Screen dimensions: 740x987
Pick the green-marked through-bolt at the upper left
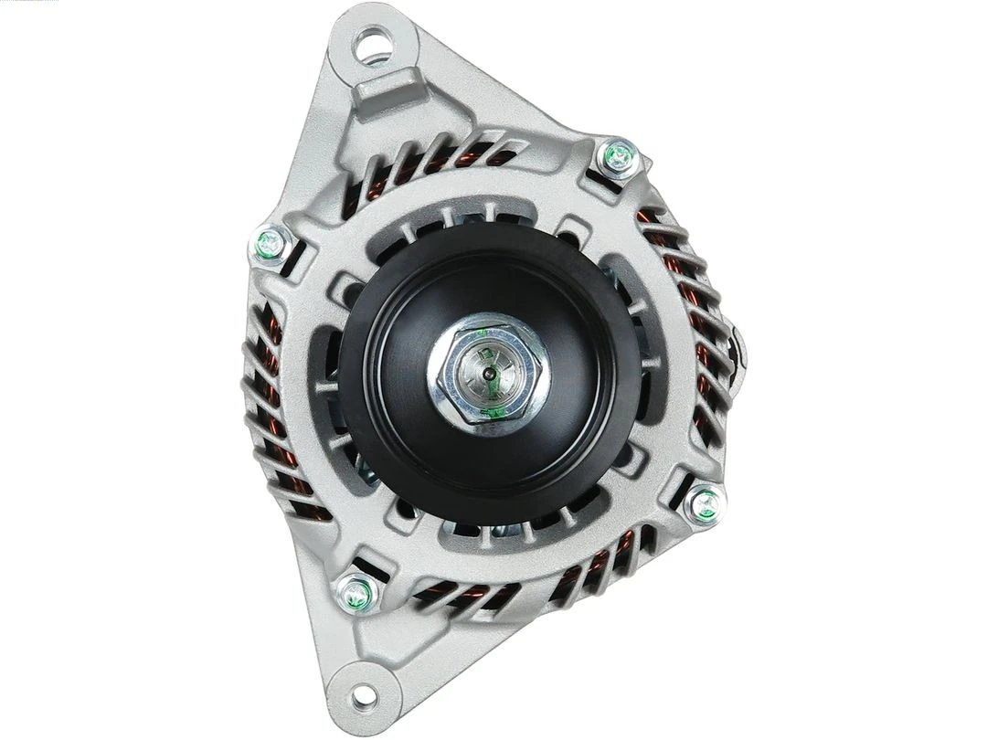tap(266, 242)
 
